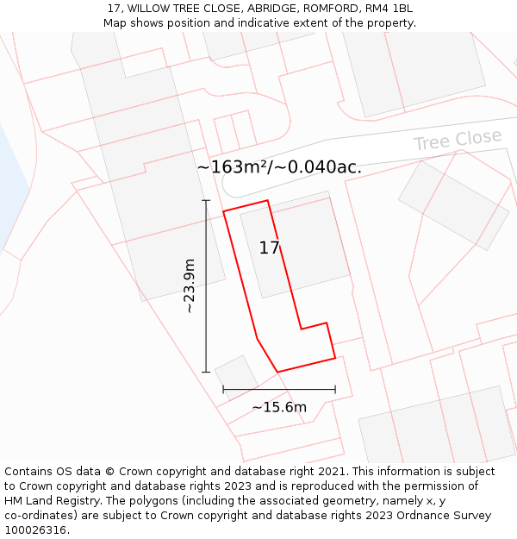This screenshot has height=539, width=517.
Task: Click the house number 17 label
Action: coord(269,248)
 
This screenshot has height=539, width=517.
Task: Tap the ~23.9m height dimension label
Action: coord(190,285)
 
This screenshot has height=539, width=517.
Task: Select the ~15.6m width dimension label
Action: coord(279,407)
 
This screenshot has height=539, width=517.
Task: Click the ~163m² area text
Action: coord(232,167)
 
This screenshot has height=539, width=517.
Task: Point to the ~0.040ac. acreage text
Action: coord(318,167)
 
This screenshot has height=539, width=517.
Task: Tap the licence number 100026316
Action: coord(37,530)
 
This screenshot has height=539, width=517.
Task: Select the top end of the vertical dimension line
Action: coord(206,200)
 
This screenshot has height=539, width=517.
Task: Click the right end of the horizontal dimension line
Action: coord(335,390)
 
